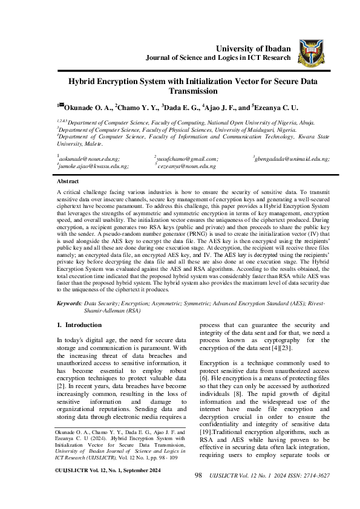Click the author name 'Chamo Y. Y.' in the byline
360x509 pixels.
coord(137,108)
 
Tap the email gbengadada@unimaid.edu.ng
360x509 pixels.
coord(293,158)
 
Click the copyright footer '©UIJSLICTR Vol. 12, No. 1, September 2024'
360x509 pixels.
coord(108,486)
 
